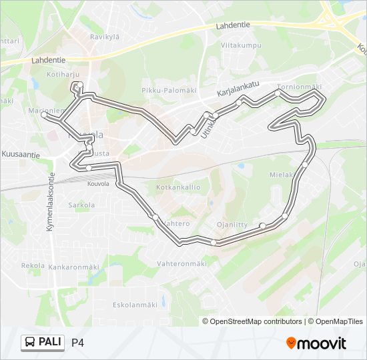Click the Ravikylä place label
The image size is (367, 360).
(105, 37)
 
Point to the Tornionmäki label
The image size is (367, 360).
(300, 87)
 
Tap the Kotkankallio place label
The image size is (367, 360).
(178, 187)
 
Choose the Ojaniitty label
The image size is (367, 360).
(233, 224)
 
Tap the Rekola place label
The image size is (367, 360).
(33, 265)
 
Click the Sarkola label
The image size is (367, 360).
(81, 205)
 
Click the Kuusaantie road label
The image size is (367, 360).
(21, 154)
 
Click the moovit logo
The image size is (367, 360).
(316, 343)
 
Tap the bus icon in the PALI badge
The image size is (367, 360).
(30, 343)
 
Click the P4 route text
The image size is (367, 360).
(77, 343)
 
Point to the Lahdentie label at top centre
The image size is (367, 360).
(233, 25)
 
